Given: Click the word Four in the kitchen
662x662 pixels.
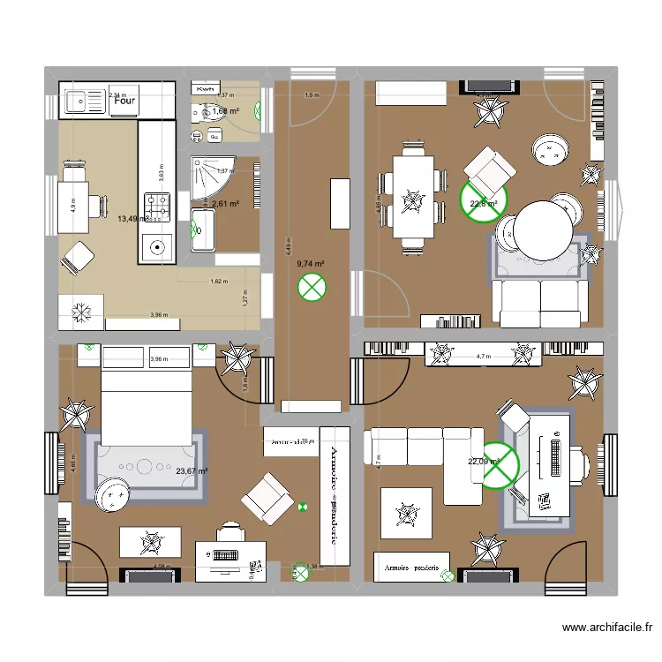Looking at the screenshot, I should [124, 102].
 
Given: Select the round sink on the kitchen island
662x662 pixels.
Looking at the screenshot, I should [158, 247].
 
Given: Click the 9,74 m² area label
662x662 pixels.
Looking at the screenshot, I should [311, 263].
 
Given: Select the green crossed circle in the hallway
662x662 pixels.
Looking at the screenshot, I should [311, 286].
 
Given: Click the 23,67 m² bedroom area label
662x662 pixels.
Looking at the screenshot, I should [192, 471].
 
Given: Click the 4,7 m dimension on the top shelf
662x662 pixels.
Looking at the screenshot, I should [483, 357].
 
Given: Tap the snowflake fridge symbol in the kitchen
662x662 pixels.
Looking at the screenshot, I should [80, 310].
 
